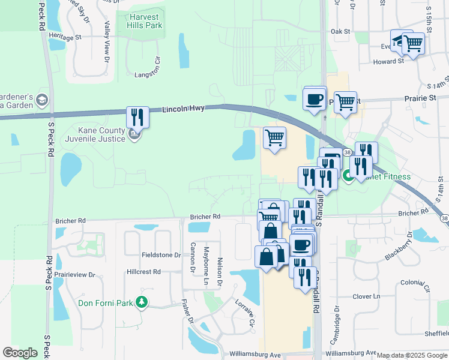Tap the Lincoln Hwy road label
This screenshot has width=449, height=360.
point(183,109)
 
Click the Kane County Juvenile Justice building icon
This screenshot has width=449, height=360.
point(134,136)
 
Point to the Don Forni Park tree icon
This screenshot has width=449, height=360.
point(142,302)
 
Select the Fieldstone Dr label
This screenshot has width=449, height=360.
point(161,255)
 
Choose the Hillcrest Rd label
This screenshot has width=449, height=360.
point(143,272)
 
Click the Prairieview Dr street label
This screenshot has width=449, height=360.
point(75,275)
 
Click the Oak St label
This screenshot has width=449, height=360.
point(340,31)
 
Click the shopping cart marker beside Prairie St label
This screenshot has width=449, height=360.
point(346,103)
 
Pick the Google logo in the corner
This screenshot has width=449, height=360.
point(20,352)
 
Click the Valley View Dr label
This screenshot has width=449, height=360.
point(107,42)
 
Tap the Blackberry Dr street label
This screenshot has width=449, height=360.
point(399,247)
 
